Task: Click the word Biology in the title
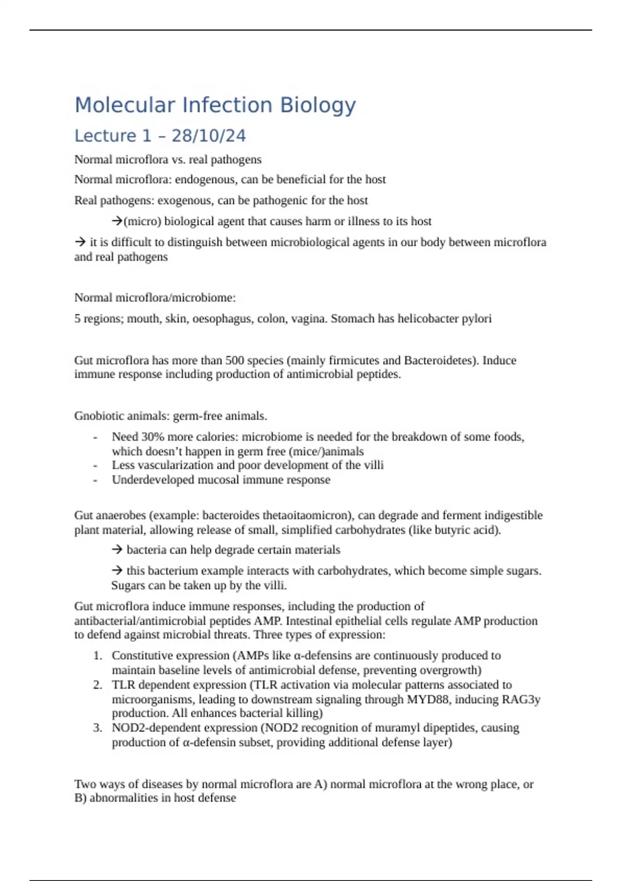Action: (318, 105)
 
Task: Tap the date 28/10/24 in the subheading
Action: (208, 136)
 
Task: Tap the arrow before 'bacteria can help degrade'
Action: (117, 550)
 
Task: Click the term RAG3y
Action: (521, 700)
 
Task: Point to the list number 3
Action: (97, 728)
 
